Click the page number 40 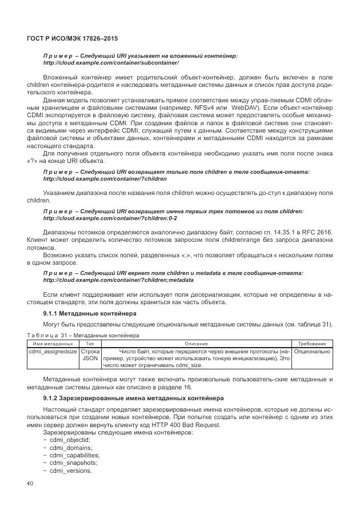tap(31, 484)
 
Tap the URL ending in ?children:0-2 tap(110, 218)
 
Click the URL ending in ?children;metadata tap(118, 280)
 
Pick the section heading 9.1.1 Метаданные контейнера tap(90, 314)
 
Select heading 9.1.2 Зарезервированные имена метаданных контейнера tap(133, 397)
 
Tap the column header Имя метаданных tap(53, 343)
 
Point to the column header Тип tap(90, 343)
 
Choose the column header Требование tap(312, 343)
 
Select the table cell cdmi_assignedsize tap(53, 351)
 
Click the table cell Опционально tap(312, 351)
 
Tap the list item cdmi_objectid tap(70, 440)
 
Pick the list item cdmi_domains tap(70, 448)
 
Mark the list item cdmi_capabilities tap(73, 455)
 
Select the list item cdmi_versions tap(70, 471)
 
